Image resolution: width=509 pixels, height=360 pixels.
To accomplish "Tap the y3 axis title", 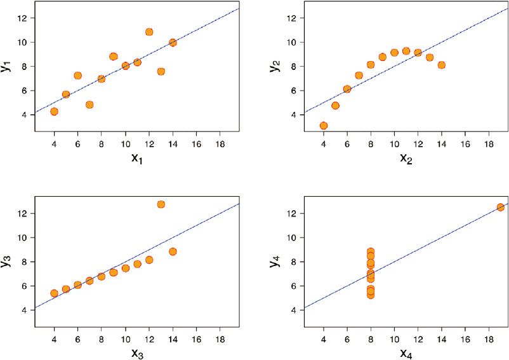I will point(7,260).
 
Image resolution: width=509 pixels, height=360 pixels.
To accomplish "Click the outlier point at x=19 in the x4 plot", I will point(500,207).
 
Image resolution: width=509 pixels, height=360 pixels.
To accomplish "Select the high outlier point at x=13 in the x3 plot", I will point(161,204).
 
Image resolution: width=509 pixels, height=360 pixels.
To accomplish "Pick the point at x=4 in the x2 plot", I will point(324,126).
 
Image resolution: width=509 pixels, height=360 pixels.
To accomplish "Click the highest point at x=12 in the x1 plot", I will point(149,32).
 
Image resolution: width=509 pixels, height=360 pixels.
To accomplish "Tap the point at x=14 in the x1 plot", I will point(173,43).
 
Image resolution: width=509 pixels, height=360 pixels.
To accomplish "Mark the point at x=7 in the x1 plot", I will point(89,105).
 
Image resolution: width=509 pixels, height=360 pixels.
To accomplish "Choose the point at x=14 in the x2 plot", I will point(441,65).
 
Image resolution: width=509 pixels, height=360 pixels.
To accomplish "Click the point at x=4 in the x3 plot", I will point(54,293).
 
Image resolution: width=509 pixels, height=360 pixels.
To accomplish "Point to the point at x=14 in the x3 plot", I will point(173,251).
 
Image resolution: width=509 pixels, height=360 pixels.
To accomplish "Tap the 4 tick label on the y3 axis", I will point(23,310).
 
